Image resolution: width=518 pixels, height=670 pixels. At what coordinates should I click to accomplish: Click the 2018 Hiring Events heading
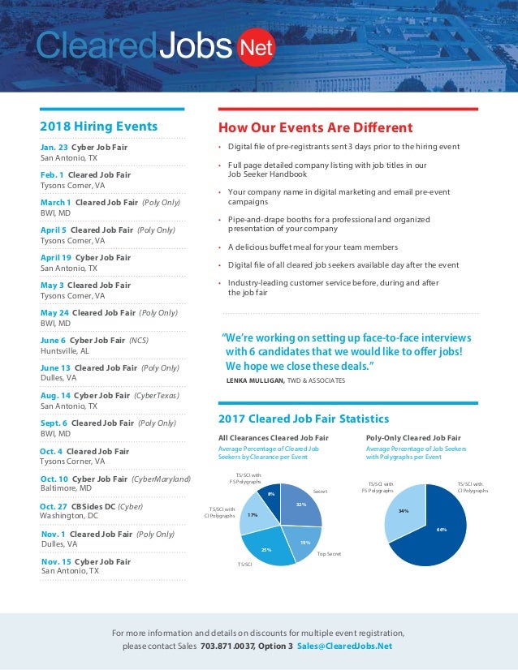[x=99, y=127]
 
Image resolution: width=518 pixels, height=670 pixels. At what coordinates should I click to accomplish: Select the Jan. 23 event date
[x=54, y=148]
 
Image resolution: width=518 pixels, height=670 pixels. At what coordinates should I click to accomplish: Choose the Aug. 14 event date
[x=54, y=395]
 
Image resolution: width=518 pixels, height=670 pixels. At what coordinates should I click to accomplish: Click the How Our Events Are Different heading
[x=315, y=127]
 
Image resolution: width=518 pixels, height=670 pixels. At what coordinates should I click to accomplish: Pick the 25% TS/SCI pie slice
[x=266, y=549]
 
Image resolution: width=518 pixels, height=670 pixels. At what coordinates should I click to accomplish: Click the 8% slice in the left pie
[x=272, y=493]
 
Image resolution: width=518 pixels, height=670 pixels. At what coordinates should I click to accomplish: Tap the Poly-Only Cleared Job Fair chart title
[x=413, y=437]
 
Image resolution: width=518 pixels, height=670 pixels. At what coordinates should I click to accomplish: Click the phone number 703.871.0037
[x=229, y=646]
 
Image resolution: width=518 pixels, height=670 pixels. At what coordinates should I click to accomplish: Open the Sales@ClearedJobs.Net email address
[x=344, y=646]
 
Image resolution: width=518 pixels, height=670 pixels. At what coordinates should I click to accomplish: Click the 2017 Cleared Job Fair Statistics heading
[x=304, y=419]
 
